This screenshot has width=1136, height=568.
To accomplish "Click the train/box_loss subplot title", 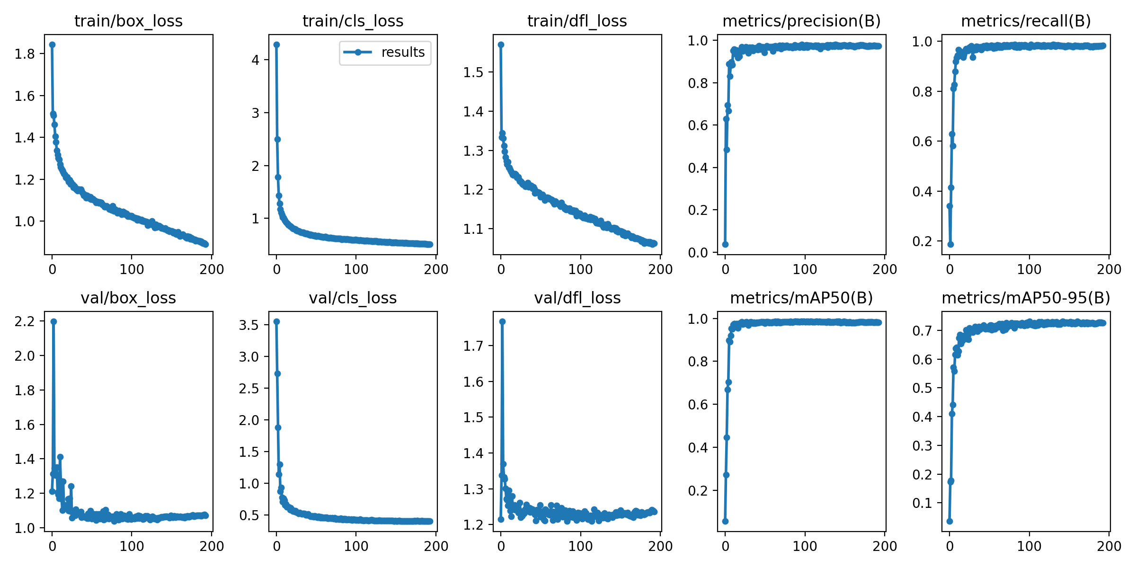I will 128,21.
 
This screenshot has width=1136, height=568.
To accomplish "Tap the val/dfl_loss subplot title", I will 577,298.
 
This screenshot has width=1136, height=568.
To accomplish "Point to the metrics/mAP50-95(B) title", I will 1026,298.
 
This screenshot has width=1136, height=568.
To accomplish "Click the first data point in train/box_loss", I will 52,44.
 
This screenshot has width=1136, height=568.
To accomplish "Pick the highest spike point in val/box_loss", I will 53,321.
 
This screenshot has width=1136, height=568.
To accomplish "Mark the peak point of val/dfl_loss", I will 502,321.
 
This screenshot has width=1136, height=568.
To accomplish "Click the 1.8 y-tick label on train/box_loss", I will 25,54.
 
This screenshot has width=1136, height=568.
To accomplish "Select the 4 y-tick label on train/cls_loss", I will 256,60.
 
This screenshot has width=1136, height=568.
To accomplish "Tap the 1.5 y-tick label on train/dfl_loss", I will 473,72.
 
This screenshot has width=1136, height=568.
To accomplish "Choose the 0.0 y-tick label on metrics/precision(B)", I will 698,252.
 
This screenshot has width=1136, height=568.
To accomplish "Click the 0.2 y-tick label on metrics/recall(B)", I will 922,241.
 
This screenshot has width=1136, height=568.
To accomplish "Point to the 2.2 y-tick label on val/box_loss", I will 25,321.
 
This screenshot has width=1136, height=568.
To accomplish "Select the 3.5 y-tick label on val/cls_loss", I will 249,325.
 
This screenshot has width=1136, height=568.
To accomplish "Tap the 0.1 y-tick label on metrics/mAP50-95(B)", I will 922,503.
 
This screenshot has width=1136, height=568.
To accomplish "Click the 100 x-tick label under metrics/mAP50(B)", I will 805,546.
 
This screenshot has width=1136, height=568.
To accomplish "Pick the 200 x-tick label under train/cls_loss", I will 436,269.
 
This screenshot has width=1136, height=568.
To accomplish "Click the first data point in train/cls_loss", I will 276,44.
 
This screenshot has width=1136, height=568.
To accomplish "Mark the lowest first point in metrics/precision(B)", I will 725,244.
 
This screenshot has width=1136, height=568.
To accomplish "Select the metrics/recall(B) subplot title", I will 1026,21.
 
